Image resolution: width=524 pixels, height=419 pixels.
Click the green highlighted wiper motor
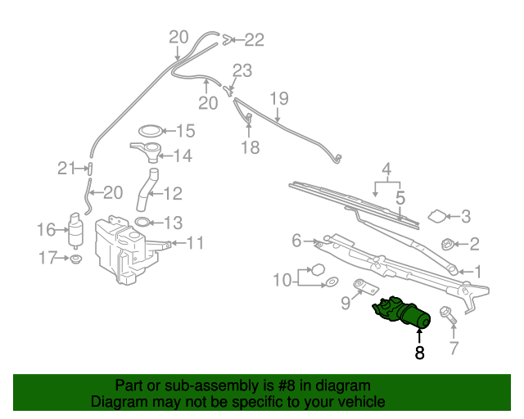pyautogui.click(x=403, y=314)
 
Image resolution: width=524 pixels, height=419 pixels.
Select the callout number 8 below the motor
pyautogui.click(x=419, y=354)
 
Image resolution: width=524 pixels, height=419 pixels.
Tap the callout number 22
pyautogui.click(x=255, y=39)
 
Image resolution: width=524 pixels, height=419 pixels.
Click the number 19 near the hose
pyautogui.click(x=279, y=99)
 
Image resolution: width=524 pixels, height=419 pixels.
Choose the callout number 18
pyautogui.click(x=250, y=147)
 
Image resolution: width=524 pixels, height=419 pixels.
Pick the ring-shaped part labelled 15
pyautogui.click(x=150, y=131)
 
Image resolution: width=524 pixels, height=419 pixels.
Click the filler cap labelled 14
pyautogui.click(x=146, y=151)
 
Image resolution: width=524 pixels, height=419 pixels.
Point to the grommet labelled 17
pyautogui.click(x=76, y=259)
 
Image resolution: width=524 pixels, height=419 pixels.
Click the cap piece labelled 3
pyautogui.click(x=439, y=217)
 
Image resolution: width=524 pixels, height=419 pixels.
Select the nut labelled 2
pyautogui.click(x=448, y=243)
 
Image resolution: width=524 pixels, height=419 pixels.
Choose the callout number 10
pyautogui.click(x=281, y=281)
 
